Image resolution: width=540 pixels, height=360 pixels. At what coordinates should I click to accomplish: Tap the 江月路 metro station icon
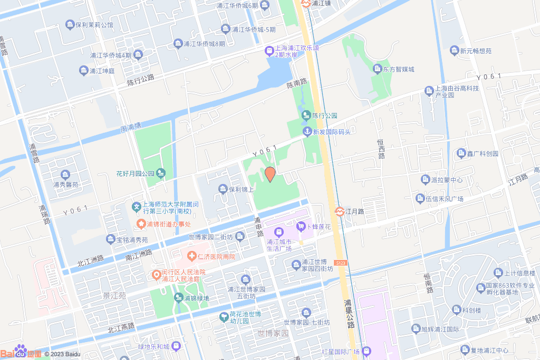pyautogui.click(x=340, y=211)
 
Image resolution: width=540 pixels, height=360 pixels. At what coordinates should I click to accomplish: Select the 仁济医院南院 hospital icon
pyautogui.click(x=194, y=256)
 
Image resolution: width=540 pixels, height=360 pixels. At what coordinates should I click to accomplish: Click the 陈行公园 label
pyautogui.click(x=324, y=115)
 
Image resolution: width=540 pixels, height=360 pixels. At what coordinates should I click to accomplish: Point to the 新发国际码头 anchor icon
pyautogui.click(x=306, y=131)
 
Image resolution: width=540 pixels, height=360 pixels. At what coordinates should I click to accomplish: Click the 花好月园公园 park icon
pyautogui.click(x=161, y=173)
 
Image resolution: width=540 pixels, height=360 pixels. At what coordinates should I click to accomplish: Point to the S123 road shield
pyautogui.click(x=341, y=262)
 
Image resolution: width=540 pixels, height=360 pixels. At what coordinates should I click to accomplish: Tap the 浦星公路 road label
pyautogui.click(x=349, y=314)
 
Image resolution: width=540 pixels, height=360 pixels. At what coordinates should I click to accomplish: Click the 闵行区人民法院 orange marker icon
pyautogui.click(x=156, y=275)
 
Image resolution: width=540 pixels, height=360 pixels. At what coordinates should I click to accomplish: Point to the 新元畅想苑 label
pyautogui.click(x=476, y=51)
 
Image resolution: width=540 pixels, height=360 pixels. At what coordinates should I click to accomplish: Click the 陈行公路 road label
pyautogui.click(x=141, y=80)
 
